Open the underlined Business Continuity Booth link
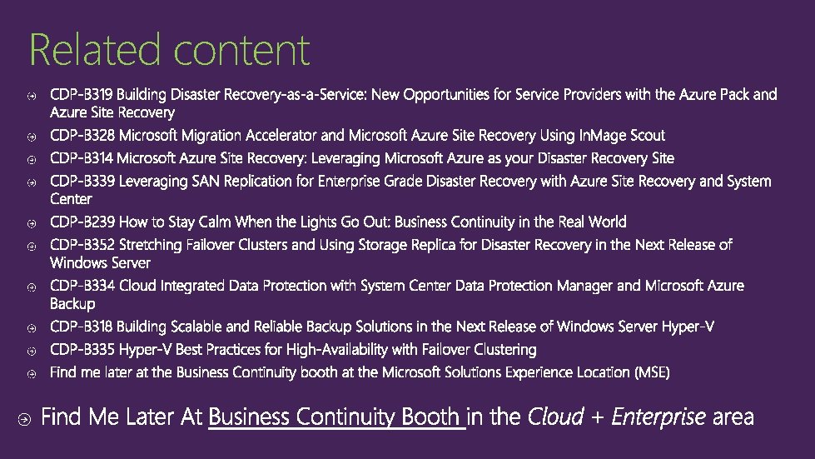[335, 417]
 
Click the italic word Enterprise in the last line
[658, 417]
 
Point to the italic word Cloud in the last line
[555, 417]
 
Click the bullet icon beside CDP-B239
[31, 224]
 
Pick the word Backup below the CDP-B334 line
[72, 303]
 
